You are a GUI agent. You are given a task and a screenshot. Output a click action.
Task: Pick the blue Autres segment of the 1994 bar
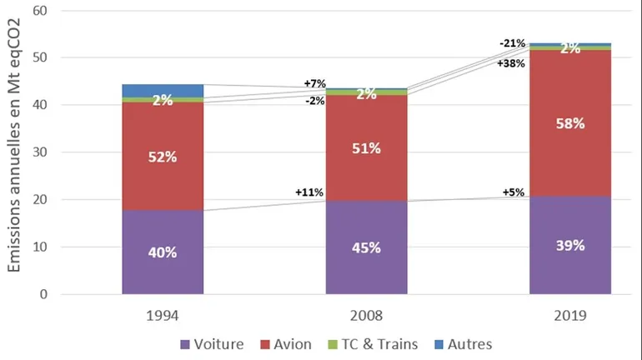pyautogui.click(x=163, y=90)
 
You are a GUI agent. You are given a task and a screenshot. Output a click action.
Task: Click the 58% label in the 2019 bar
pyautogui.click(x=570, y=123)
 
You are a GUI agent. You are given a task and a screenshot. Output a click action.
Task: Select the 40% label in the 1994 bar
pyautogui.click(x=163, y=252)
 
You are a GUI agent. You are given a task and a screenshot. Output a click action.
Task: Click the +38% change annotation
pyautogui.click(x=510, y=63)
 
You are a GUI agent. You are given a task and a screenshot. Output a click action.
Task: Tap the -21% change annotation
pyautogui.click(x=512, y=43)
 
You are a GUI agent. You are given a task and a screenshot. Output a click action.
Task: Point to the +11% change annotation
pyautogui.click(x=308, y=192)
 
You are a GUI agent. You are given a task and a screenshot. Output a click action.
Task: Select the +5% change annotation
pyautogui.click(x=514, y=192)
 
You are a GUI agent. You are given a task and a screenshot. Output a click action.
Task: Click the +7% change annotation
pyautogui.click(x=314, y=83)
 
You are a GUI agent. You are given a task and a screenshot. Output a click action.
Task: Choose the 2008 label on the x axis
pyautogui.click(x=367, y=317)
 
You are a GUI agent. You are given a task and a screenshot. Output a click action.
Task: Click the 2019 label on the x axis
pyautogui.click(x=570, y=317)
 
